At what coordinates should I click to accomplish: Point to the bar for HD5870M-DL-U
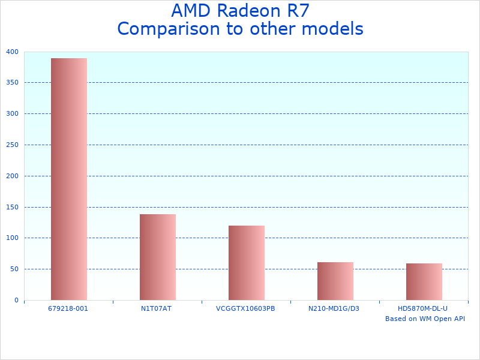(424, 281)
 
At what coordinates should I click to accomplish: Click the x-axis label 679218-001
(68, 308)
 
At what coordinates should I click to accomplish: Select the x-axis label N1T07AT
(157, 308)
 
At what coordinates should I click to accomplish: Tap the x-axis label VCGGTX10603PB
(245, 308)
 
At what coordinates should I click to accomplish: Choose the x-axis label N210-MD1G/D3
(334, 308)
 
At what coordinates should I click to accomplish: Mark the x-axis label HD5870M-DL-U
(423, 308)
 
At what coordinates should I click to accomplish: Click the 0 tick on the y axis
(16, 300)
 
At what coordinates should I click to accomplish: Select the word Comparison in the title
(168, 29)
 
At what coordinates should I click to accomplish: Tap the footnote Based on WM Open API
(425, 319)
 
